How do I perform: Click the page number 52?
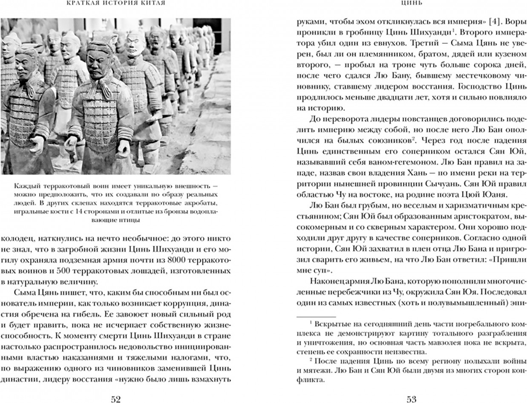[x=115, y=399]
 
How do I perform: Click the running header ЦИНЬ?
[x=412, y=3]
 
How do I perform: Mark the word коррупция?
[x=183, y=305]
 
